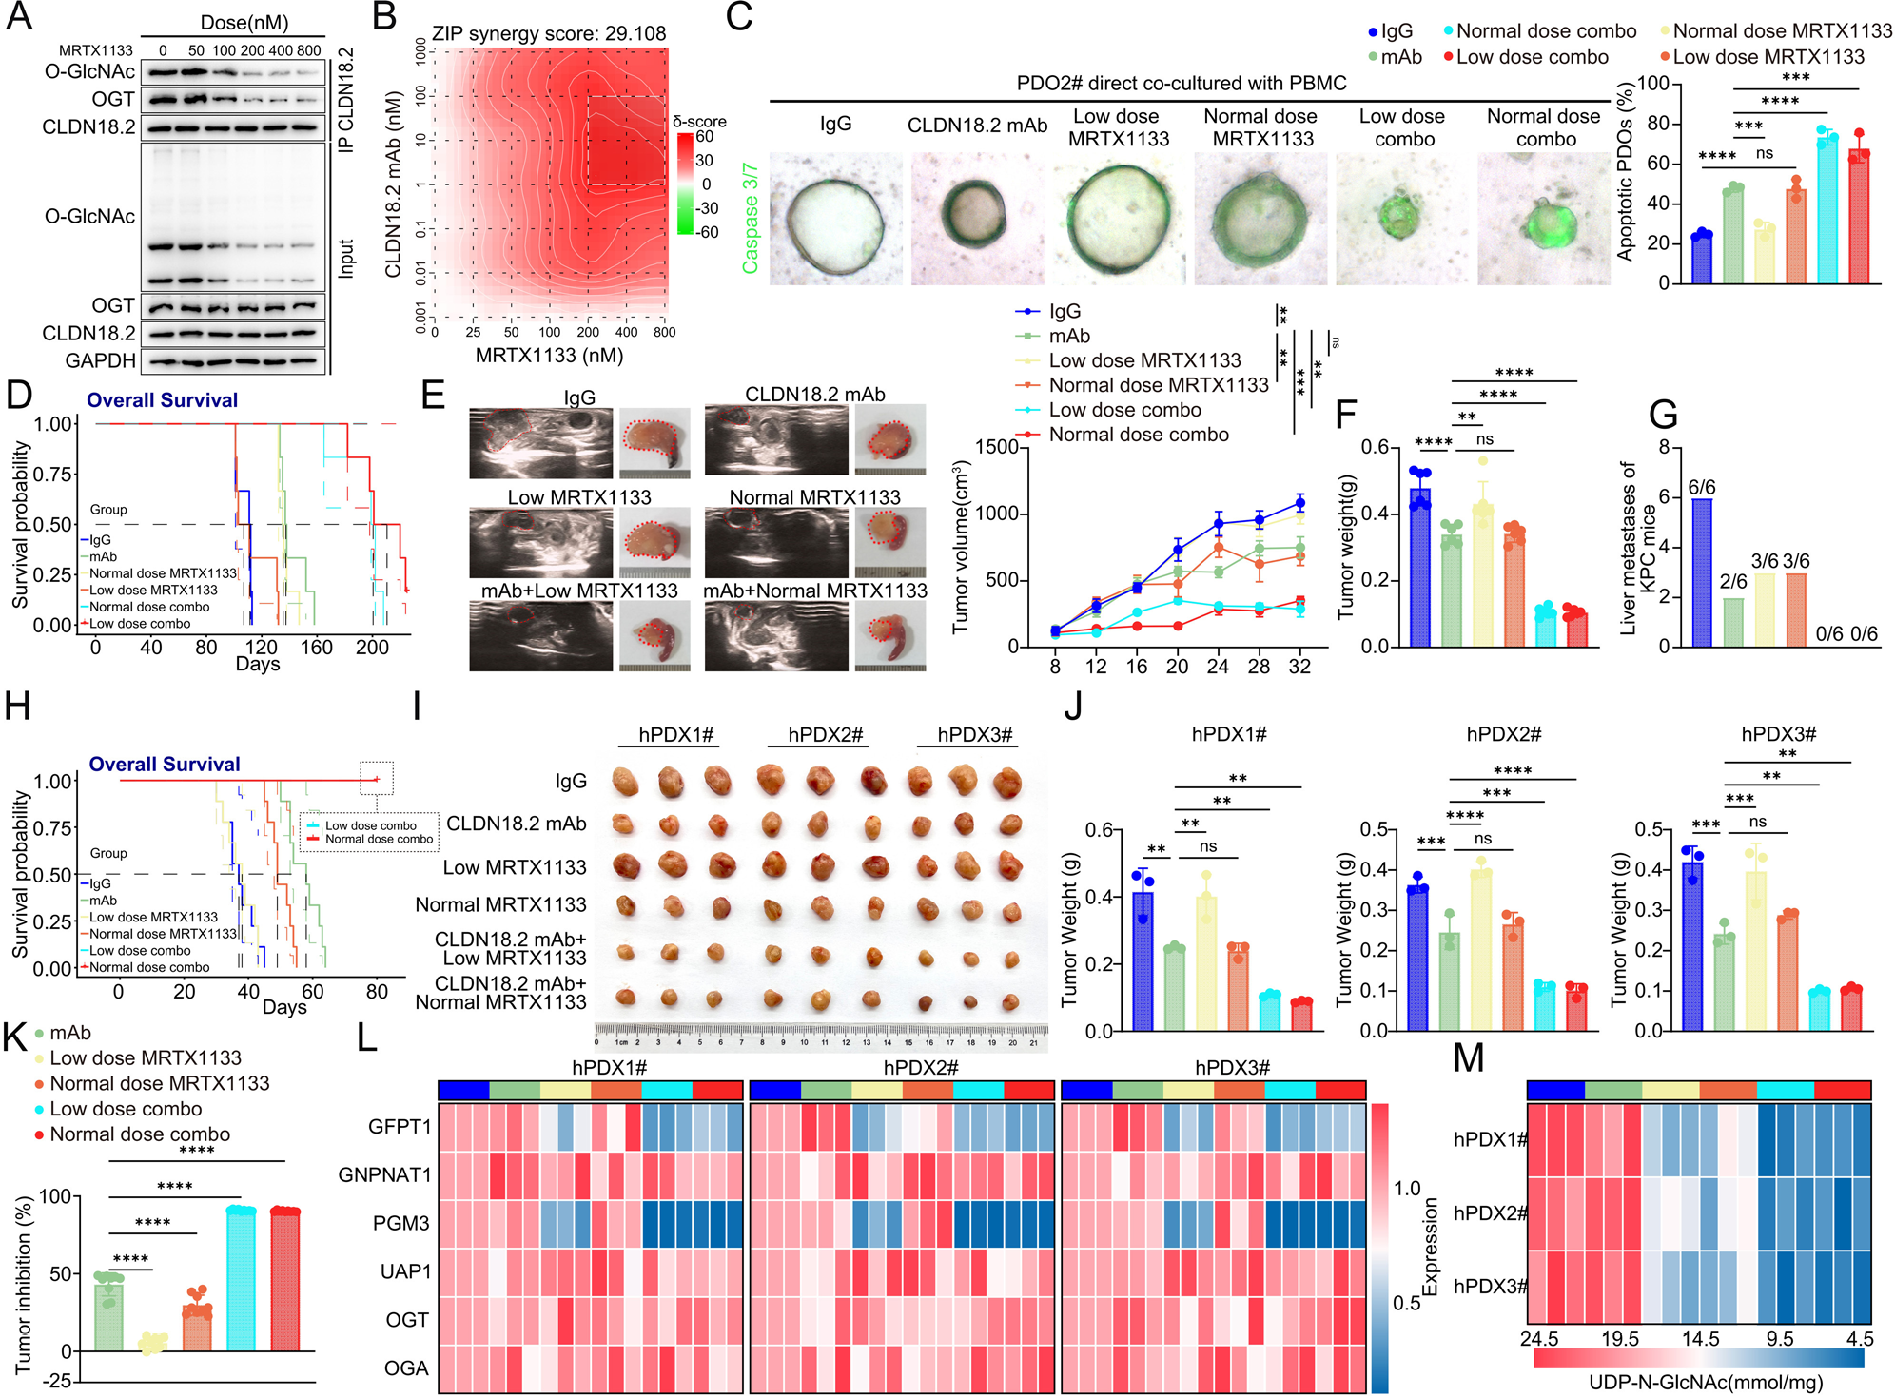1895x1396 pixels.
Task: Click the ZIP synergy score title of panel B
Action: [x=549, y=34]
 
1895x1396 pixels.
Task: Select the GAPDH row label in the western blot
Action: [x=100, y=361]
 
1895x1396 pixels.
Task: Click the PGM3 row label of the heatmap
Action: [x=401, y=1223]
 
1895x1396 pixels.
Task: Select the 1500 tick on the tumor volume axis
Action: [x=999, y=447]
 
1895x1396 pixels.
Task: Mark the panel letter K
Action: [x=15, y=1037]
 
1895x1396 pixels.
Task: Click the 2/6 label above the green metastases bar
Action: [x=1733, y=582]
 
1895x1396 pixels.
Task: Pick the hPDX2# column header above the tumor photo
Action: [x=825, y=735]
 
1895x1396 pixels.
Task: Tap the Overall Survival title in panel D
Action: [x=162, y=400]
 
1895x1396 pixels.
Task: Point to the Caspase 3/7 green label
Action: [x=751, y=218]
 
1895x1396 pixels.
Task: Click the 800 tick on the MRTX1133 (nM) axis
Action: [x=665, y=333]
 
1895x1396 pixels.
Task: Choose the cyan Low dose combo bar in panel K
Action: [x=241, y=1279]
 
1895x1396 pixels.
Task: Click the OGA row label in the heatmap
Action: [x=406, y=1368]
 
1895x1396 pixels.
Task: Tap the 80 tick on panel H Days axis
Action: [x=377, y=992]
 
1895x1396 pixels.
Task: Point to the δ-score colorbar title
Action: [x=699, y=122]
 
